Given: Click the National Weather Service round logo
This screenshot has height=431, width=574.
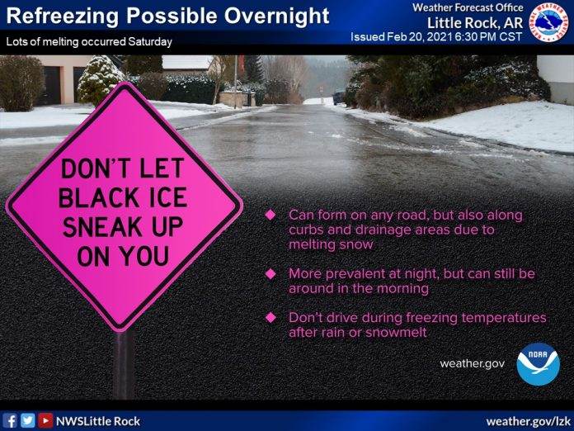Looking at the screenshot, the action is [x=548, y=22].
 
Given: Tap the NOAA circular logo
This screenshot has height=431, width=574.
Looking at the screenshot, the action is [x=538, y=364].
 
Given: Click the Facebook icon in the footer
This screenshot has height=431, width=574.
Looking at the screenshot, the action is [x=10, y=420].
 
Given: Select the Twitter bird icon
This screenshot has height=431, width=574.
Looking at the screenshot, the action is [x=28, y=420].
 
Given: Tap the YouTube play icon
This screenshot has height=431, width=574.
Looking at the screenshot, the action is [x=45, y=420].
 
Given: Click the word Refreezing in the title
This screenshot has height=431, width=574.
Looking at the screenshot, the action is [x=63, y=17].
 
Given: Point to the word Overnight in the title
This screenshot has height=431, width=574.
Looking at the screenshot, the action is [x=277, y=17].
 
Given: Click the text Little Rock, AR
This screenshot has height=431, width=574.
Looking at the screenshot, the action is [x=475, y=23].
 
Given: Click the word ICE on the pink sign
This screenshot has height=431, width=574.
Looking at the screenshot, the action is [x=167, y=198].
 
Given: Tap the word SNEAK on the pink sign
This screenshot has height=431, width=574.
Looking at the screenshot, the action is [x=102, y=227].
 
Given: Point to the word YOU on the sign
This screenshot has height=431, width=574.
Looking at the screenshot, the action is [x=145, y=256].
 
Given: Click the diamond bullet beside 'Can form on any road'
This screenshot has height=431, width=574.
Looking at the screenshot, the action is [x=271, y=215].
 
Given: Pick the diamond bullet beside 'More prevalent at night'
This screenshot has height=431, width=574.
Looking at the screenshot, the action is [x=271, y=274].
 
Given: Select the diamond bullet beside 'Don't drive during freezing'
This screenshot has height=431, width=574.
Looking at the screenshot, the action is [x=271, y=317].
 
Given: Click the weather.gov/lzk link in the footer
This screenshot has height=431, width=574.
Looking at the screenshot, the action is [x=529, y=421].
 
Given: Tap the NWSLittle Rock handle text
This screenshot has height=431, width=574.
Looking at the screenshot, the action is [x=98, y=421].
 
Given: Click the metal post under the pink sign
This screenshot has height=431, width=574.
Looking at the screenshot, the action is [x=124, y=365].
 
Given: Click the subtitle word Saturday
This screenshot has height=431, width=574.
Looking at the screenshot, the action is [x=150, y=41].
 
